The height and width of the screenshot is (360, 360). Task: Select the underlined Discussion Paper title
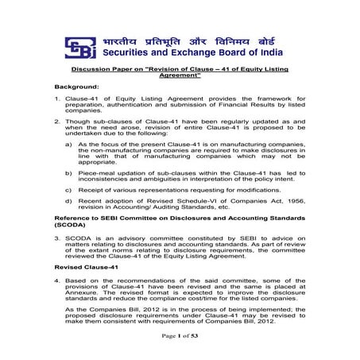click(180, 73)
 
